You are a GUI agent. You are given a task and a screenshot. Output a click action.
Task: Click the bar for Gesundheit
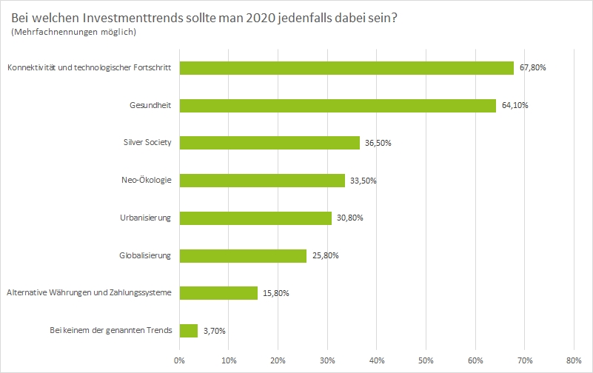tap(337, 106)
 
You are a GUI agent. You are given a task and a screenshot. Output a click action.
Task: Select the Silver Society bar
tap(269, 143)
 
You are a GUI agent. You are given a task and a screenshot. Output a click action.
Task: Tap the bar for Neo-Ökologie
tap(262, 181)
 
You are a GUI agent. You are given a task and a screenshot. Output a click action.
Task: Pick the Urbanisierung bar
tap(255, 218)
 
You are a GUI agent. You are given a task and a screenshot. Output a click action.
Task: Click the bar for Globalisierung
tap(243, 255)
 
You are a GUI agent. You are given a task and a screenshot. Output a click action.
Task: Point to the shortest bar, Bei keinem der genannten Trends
tap(188, 330)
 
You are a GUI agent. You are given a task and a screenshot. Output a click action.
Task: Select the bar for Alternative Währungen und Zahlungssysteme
tap(218, 293)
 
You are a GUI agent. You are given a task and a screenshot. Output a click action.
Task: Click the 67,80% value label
tap(533, 68)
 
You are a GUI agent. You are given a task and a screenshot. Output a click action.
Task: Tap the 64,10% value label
tap(515, 106)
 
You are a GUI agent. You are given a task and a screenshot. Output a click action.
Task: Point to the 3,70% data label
tap(215, 331)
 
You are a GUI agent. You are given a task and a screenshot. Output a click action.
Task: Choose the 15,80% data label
tap(277, 293)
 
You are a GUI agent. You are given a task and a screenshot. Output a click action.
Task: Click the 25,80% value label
tap(326, 256)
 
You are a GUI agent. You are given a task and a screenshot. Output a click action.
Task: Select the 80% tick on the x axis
tap(574, 360)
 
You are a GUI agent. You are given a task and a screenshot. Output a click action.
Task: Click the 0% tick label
tap(179, 360)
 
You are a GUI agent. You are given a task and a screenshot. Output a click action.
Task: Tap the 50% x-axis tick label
tap(426, 360)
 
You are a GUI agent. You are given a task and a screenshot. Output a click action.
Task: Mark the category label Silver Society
tap(147, 143)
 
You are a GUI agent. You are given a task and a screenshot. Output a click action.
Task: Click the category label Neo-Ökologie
tap(146, 181)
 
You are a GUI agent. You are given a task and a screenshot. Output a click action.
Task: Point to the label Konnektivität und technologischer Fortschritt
tap(89, 68)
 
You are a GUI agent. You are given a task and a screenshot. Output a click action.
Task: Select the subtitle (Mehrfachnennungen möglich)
tap(74, 33)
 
